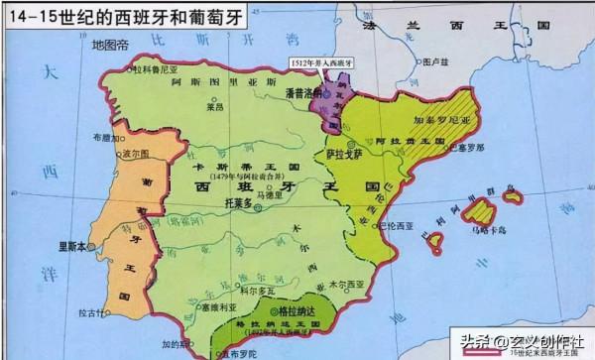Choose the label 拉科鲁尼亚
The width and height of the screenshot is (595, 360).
coord(154,68)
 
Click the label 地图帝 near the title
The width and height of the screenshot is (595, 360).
coord(109,46)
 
